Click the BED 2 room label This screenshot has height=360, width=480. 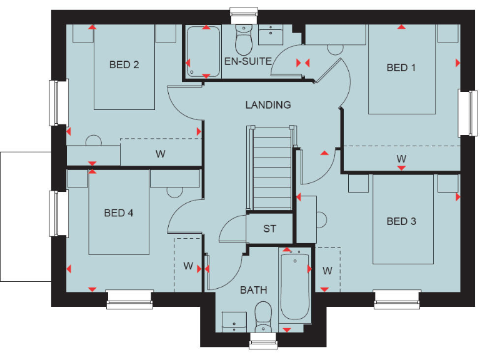[x=124, y=64]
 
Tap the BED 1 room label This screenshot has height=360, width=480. [x=401, y=67]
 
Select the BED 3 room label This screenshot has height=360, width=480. [x=401, y=221]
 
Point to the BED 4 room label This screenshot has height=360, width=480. [x=119, y=213]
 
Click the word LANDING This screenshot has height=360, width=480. [x=267, y=105]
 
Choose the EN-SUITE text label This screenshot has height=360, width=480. [x=247, y=61]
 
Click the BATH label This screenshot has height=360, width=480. [x=253, y=290]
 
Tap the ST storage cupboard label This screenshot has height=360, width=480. [x=269, y=229]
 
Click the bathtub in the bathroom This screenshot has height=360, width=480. [x=294, y=284]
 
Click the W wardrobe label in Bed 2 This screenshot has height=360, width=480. [x=160, y=154]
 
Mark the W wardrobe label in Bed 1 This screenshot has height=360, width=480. [x=401, y=159]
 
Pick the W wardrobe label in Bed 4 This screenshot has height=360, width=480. [x=188, y=266]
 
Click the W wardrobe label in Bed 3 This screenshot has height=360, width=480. [x=327, y=271]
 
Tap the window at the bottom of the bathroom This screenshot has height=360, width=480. [x=263, y=341]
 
